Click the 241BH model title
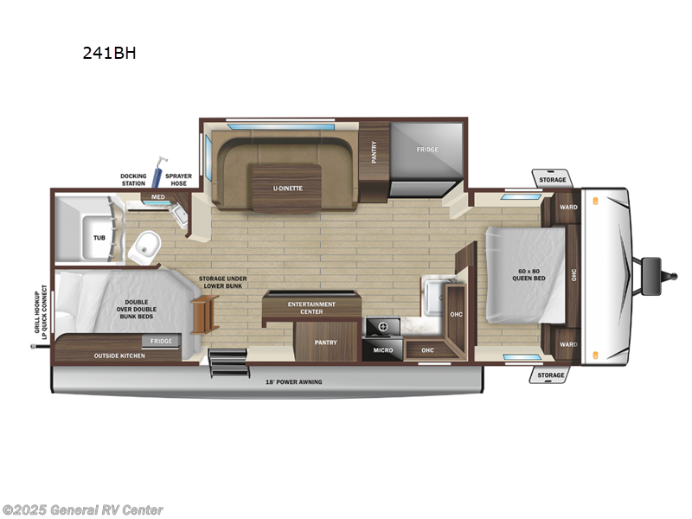tap(109, 52)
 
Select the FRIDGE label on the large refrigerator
tap(426, 150)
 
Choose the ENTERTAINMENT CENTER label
tap(311, 308)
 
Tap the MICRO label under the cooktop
tap(383, 350)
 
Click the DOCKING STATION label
tap(133, 180)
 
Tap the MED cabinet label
tap(158, 197)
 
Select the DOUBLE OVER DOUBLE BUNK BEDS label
tap(137, 308)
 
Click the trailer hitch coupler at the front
tap(652, 269)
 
